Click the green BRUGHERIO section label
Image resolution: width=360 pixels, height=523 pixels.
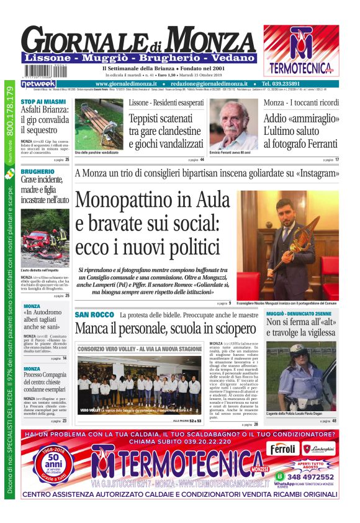pos(37,171)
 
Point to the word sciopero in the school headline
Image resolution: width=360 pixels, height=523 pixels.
pos(232,329)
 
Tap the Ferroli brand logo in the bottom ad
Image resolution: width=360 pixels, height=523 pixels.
pos(284,448)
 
